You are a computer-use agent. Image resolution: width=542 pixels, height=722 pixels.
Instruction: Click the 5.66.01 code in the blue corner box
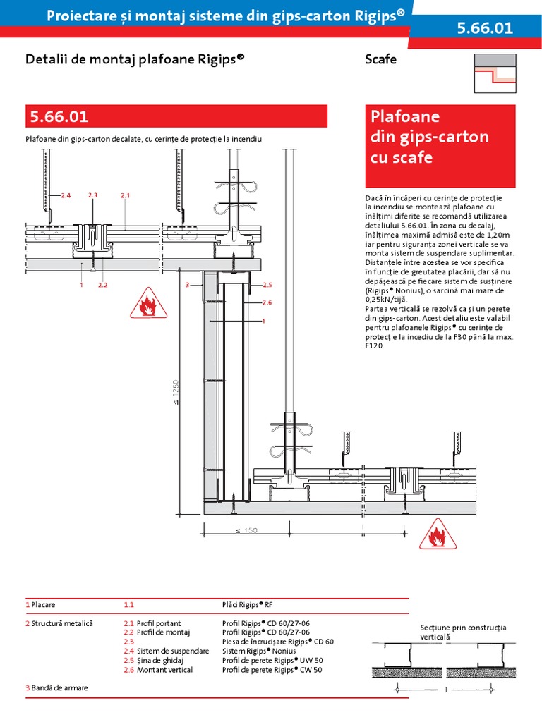[x=486, y=28]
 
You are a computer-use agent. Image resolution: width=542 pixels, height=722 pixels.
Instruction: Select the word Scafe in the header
[x=381, y=59]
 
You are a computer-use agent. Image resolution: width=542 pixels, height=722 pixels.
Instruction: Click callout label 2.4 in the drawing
[x=66, y=195]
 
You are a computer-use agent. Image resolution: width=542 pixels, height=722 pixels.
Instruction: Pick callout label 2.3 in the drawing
[x=92, y=195]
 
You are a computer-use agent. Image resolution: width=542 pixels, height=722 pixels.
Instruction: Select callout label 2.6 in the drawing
[x=267, y=302]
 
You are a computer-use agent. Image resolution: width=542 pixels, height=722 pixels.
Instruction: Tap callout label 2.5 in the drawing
[x=267, y=285]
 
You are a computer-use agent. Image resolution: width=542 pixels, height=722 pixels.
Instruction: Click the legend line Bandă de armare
[x=59, y=687]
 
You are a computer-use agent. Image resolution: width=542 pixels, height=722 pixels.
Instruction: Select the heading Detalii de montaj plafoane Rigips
[x=134, y=59]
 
